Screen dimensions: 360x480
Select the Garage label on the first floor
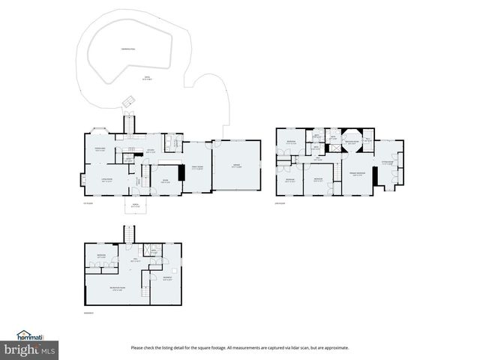click(236, 167)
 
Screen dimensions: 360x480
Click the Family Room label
click(196, 168)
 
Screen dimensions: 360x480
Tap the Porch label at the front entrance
click(135, 206)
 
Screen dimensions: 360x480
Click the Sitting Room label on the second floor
click(388, 162)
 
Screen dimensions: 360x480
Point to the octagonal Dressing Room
click(352, 142)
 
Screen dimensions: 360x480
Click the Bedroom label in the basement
click(100, 256)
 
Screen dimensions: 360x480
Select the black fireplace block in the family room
click(181, 172)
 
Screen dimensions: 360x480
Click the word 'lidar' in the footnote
click(301, 348)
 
